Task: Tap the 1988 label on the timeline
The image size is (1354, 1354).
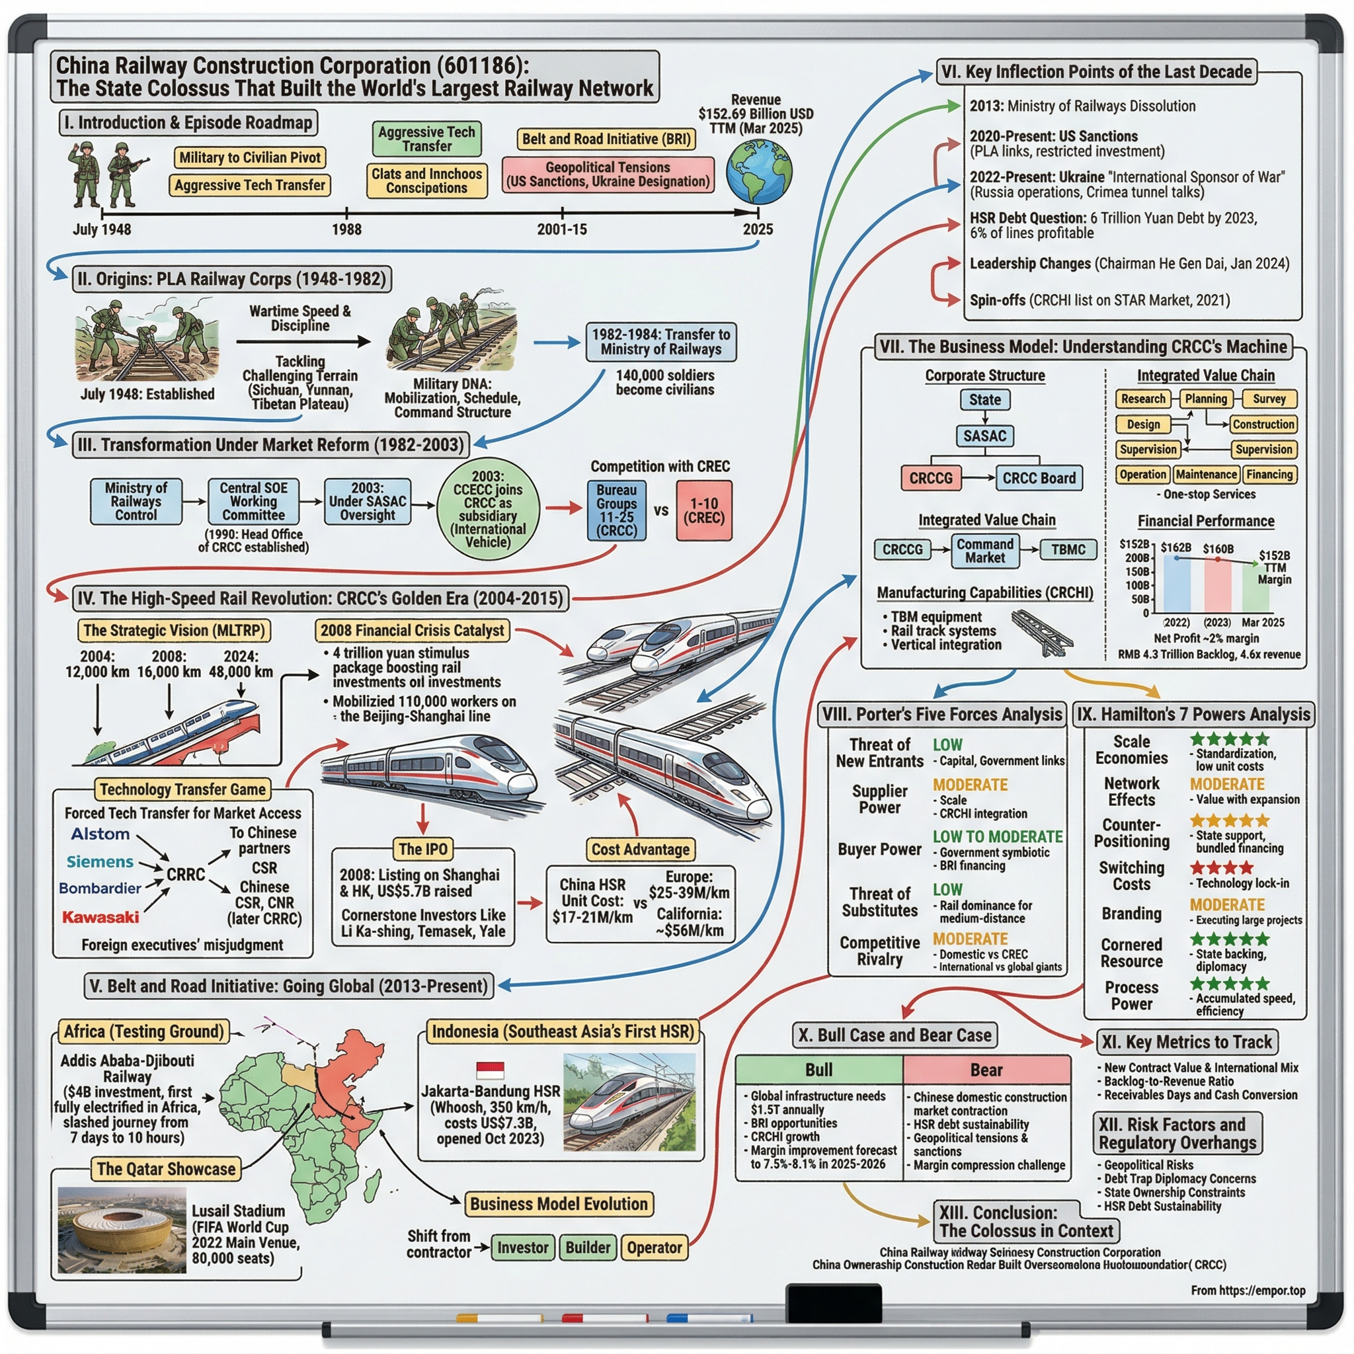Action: (346, 229)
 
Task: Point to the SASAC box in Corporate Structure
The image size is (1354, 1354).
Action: (984, 436)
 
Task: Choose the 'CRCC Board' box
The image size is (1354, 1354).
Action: (1038, 478)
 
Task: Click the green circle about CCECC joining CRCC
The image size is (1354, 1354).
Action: (488, 510)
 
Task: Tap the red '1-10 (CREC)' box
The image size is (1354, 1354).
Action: (703, 510)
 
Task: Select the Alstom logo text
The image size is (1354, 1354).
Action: (100, 834)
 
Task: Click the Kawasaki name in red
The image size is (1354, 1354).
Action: (100, 917)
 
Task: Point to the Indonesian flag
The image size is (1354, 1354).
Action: (490, 1070)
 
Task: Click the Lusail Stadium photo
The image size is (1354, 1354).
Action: (122, 1229)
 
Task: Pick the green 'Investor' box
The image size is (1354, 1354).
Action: (523, 1248)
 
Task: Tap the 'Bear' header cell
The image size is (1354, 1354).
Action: (986, 1070)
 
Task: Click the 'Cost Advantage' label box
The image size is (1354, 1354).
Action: (641, 850)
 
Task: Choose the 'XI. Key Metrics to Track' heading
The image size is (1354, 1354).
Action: (1186, 1042)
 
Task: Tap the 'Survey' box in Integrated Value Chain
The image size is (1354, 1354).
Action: (1269, 399)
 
